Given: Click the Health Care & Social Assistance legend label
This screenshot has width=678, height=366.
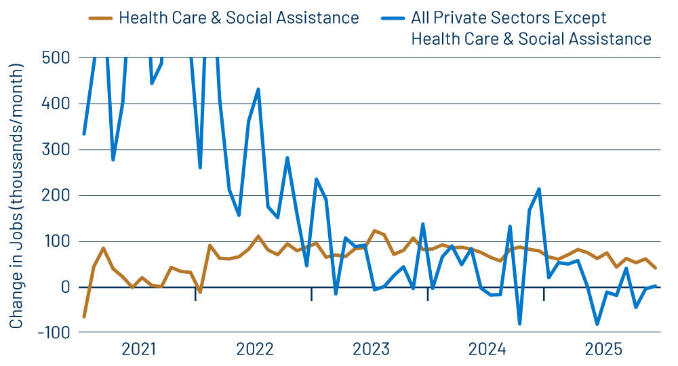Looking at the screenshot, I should coord(239,18).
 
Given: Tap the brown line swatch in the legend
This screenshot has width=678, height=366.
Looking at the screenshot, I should coord(100,18).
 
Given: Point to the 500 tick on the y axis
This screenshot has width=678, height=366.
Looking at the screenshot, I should coord(56,58).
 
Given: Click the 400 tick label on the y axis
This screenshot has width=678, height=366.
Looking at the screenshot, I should coord(56,104).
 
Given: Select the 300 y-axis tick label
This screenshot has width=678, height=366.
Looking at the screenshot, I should coord(56,150).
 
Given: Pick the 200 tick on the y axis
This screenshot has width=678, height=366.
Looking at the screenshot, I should coord(56,195).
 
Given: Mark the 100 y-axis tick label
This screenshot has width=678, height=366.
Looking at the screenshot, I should coord(57,241).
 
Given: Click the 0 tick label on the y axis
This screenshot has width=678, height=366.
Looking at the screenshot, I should coord(65,287).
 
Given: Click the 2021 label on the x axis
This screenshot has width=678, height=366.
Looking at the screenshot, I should coord(138,349).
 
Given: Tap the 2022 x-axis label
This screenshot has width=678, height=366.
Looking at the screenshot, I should coord(254,349).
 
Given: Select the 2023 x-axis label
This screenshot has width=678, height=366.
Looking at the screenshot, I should coord(371,349).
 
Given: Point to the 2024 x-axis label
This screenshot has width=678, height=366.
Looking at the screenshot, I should coord(487,349).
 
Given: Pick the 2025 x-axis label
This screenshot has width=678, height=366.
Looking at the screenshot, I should coord(603,349).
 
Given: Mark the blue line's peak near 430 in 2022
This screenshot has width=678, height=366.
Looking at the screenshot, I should coord(258,89).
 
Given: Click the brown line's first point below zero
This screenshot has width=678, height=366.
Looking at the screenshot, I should coord(84,317).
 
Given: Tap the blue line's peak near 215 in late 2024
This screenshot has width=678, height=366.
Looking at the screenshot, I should coord(539,188).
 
